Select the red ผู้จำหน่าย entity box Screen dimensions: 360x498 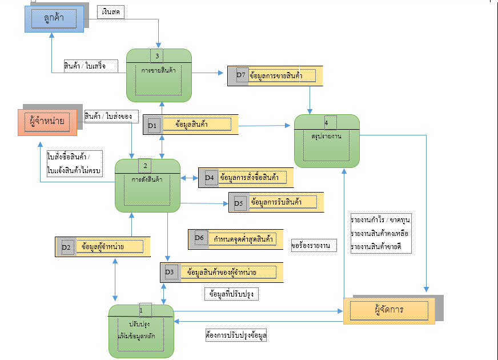point(47,122)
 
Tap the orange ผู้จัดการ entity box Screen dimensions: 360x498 point(389,310)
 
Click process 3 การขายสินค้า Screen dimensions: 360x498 point(159,75)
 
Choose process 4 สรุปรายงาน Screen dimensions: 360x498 point(327,141)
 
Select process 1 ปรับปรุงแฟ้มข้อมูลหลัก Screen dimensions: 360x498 point(140,331)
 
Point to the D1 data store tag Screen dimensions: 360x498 point(152,124)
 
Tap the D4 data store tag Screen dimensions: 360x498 point(208,178)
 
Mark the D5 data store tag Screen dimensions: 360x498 point(239,202)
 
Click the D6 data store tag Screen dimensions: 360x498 point(199,238)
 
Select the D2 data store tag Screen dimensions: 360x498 point(66,247)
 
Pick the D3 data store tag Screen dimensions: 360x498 point(170,273)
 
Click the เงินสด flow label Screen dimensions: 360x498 point(111,12)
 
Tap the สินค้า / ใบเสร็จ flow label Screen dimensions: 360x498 point(85,66)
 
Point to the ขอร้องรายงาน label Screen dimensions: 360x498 point(314,246)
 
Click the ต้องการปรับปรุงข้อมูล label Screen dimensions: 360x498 point(236,335)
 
